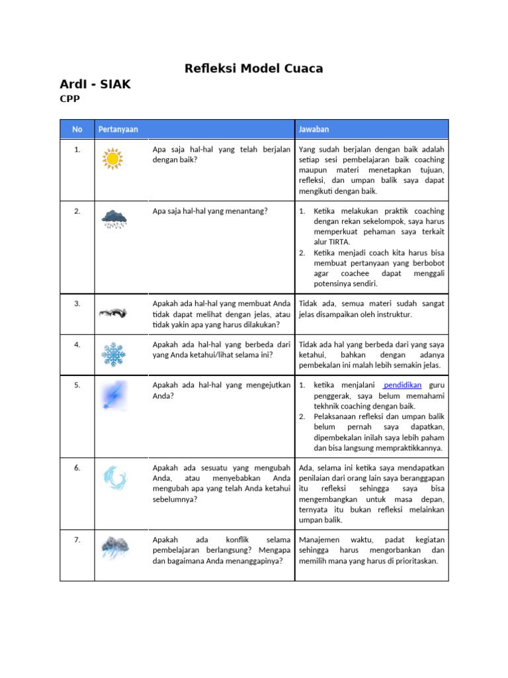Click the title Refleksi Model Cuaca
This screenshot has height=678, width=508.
pyautogui.click(x=253, y=69)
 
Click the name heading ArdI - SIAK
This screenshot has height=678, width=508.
pyautogui.click(x=95, y=84)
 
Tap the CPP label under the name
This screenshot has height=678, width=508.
pyautogui.click(x=69, y=99)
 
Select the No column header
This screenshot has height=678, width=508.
pyautogui.click(x=77, y=129)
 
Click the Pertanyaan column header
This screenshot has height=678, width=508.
pyautogui.click(x=118, y=129)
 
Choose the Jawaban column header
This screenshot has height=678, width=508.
pyautogui.click(x=314, y=129)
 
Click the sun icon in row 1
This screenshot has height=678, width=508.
pyautogui.click(x=113, y=159)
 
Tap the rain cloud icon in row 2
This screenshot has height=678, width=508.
pyautogui.click(x=114, y=218)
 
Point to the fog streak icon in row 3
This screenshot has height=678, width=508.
pyautogui.click(x=114, y=312)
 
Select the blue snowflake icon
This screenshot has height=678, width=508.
pyautogui.click(x=114, y=354)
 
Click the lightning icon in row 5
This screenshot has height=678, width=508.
pyautogui.click(x=112, y=395)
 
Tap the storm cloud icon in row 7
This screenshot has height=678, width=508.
pyautogui.click(x=114, y=548)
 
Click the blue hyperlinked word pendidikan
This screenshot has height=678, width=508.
pyautogui.click(x=403, y=385)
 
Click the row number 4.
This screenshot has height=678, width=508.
pyautogui.click(x=77, y=344)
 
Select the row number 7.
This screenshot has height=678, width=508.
pyautogui.click(x=77, y=540)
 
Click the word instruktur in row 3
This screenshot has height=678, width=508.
pyautogui.click(x=395, y=314)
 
